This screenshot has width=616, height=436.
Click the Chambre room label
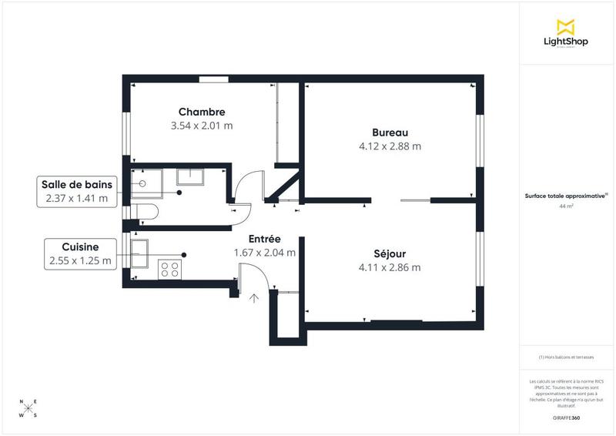tap(201, 112)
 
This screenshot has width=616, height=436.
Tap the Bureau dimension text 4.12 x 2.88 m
tap(390, 146)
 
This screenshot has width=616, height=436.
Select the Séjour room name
tap(389, 253)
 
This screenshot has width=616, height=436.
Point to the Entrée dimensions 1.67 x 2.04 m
tap(264, 252)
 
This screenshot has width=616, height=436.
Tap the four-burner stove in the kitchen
tap(169, 269)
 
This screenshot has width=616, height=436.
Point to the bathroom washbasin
tap(189, 177)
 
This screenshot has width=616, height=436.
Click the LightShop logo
tap(566, 33)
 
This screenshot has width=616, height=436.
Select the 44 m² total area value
tap(566, 206)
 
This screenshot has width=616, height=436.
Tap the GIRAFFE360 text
tap(566, 418)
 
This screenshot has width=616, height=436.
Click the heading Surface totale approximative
tap(566, 196)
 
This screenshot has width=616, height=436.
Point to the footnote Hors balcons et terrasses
tap(566, 357)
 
